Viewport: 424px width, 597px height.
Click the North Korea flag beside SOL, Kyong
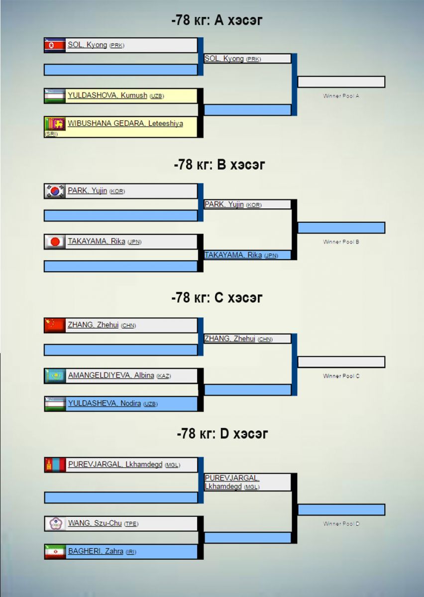click(x=55, y=45)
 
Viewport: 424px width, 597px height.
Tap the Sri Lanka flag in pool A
click(x=55, y=123)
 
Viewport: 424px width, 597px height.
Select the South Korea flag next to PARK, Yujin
click(x=55, y=191)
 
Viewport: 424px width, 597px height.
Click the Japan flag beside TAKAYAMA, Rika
click(x=55, y=242)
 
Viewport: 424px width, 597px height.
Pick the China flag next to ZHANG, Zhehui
click(x=55, y=325)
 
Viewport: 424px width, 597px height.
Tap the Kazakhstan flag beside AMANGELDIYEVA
click(x=55, y=376)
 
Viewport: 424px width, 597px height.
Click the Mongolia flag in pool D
click(x=55, y=465)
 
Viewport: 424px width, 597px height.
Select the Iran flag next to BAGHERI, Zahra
click(x=55, y=551)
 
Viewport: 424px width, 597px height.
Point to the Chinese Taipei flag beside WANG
click(x=55, y=523)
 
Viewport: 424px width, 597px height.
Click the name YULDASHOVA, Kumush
click(x=107, y=96)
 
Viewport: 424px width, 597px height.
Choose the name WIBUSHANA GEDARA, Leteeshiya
click(x=125, y=123)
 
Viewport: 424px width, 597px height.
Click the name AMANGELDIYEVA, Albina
click(x=110, y=376)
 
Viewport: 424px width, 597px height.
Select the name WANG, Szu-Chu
click(x=95, y=523)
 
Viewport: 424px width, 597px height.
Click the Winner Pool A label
click(x=341, y=96)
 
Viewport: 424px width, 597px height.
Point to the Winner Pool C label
click(x=341, y=376)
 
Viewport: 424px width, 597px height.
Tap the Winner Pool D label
click(x=341, y=524)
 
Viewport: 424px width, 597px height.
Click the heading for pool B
click(x=219, y=165)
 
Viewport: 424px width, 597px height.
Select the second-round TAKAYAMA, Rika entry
click(x=233, y=255)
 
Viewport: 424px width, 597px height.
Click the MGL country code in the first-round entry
click(x=172, y=465)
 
